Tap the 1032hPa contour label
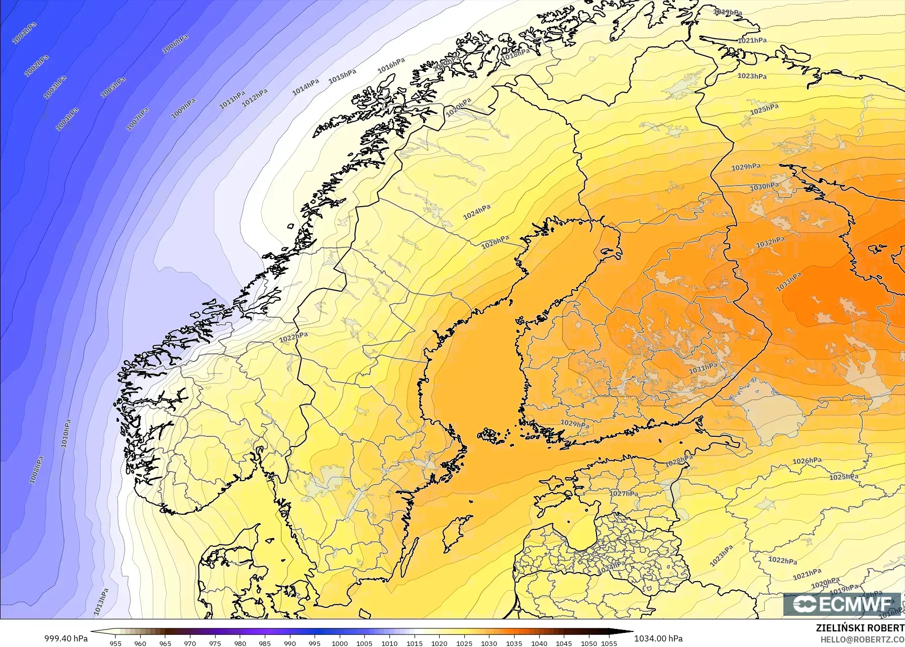click(x=770, y=243)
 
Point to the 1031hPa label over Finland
click(x=703, y=368)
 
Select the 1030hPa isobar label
click(x=764, y=187)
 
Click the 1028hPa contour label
click(x=678, y=460)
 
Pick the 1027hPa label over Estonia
click(x=624, y=494)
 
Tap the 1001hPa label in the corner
click(x=24, y=33)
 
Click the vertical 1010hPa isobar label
click(x=66, y=433)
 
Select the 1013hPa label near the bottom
click(x=101, y=602)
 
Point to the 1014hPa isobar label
click(x=306, y=87)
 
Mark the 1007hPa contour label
click(x=137, y=119)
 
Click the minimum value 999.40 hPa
click(x=66, y=638)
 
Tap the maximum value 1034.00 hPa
click(x=658, y=638)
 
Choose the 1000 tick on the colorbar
click(x=339, y=643)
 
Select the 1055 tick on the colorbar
click(x=609, y=643)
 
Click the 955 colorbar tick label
click(x=116, y=643)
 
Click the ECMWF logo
click(x=842, y=604)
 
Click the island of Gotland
click(x=454, y=534)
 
